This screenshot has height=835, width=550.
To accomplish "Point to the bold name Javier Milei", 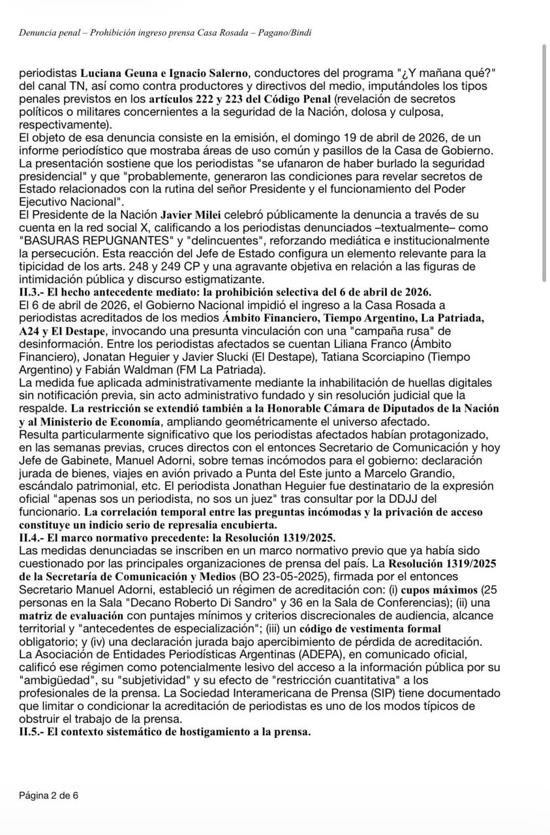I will tap(191, 214).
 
